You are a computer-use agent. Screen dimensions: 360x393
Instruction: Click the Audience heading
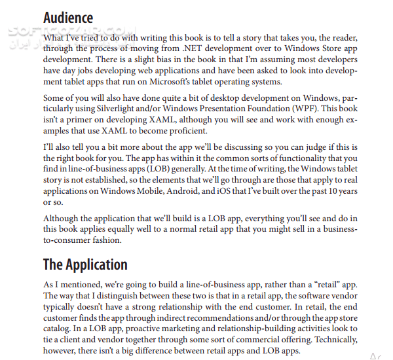pos(68,18)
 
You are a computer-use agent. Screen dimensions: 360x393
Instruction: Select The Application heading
pos(85,264)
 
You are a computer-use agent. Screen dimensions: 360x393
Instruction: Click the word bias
pos(138,60)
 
